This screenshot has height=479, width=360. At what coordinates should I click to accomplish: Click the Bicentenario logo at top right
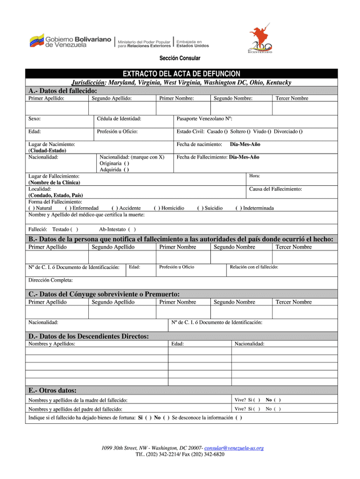(x=260, y=40)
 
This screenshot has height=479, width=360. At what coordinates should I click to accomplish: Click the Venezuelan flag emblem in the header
(x=37, y=41)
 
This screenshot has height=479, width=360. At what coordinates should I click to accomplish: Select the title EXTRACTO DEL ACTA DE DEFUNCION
(x=181, y=74)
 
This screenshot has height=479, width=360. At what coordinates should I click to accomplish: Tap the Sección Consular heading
(x=179, y=59)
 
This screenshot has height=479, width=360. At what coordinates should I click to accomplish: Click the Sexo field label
(x=34, y=119)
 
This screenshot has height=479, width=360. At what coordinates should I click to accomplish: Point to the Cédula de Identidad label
(x=119, y=119)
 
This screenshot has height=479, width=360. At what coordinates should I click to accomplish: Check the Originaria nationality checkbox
(x=127, y=163)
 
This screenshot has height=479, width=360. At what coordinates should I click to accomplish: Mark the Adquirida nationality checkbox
(x=127, y=169)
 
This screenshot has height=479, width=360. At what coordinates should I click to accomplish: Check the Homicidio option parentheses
(x=156, y=208)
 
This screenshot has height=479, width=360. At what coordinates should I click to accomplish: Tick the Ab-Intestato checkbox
(x=132, y=229)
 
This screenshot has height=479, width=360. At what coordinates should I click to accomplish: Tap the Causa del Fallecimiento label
(x=275, y=189)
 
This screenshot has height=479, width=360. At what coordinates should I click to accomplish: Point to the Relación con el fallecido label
(x=254, y=267)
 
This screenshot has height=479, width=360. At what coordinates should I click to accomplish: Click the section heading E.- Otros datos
(x=52, y=390)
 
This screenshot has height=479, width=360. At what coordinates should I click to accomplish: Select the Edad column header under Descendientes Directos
(x=177, y=343)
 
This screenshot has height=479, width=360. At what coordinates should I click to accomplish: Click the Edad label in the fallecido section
(x=34, y=132)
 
